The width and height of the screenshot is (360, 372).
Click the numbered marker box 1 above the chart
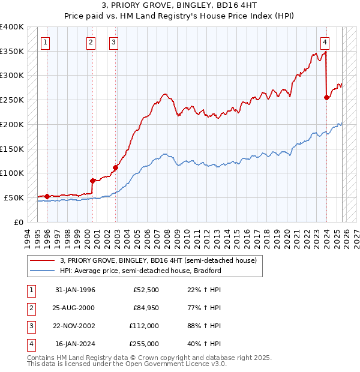click(46, 42)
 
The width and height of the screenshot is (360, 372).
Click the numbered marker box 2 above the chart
click(91, 42)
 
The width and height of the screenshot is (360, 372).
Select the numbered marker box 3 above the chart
click(113, 42)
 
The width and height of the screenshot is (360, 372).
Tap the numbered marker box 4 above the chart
click(325, 42)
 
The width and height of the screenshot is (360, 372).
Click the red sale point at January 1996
click(47, 196)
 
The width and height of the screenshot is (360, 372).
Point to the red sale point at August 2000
click(92, 180)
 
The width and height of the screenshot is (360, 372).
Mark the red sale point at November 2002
click(115, 167)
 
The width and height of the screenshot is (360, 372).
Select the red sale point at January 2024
click(326, 97)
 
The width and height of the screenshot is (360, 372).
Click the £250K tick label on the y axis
click(12, 100)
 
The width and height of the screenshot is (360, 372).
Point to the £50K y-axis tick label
click(14, 197)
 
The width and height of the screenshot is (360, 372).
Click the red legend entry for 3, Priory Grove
click(158, 260)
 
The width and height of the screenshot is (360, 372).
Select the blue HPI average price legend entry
click(140, 271)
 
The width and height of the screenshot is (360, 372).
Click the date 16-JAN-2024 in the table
click(75, 344)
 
